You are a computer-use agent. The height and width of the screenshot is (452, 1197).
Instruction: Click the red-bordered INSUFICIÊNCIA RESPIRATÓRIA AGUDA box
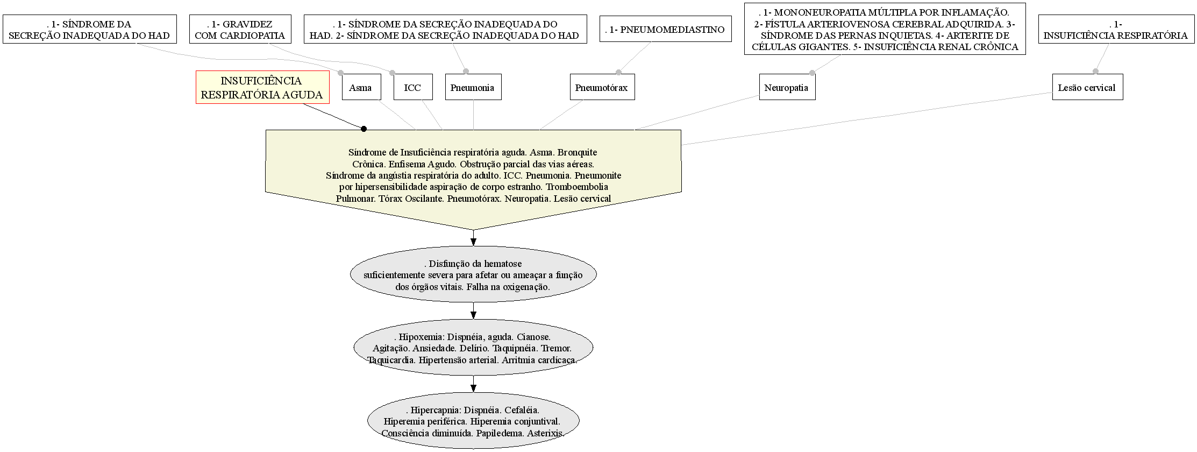point(262,87)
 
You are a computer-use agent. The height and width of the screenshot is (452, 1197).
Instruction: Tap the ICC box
point(413,87)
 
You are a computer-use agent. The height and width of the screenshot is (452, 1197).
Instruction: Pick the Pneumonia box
point(473,87)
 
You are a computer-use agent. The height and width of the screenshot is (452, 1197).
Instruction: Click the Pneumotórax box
point(602,87)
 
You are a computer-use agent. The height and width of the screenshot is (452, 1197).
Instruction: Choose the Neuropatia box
point(787,87)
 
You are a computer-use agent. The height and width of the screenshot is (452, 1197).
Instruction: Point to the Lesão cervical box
point(1088,87)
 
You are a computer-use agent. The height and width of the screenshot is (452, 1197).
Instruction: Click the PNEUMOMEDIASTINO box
point(666,29)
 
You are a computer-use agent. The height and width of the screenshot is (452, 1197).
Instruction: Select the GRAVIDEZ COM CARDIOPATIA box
point(240,29)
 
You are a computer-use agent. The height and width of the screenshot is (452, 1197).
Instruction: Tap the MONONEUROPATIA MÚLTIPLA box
point(885,29)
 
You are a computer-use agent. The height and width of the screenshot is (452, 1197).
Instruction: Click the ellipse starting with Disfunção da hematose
point(473,275)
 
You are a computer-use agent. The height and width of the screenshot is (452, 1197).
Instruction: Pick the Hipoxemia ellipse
point(473,348)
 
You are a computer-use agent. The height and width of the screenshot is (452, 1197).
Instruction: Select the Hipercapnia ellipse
point(473,421)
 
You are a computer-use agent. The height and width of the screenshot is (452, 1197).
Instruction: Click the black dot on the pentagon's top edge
point(364,129)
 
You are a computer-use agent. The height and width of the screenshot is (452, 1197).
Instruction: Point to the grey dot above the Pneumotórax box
point(618,72)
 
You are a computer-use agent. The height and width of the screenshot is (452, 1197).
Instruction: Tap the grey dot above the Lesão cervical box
point(1095,71)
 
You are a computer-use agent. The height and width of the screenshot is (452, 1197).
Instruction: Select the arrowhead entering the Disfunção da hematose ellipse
point(473,242)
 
